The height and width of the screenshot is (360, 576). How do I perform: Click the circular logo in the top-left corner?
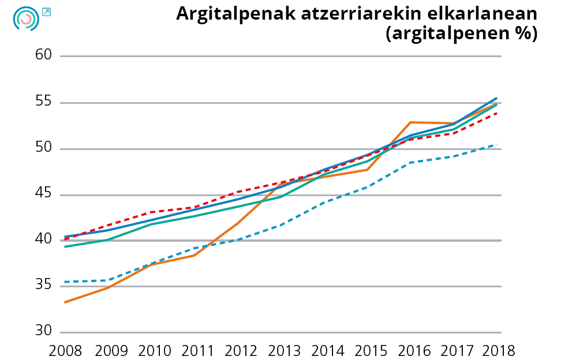[x=25, y=19]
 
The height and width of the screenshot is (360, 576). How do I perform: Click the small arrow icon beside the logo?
[x=47, y=12]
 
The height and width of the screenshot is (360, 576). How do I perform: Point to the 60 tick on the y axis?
[x=44, y=55]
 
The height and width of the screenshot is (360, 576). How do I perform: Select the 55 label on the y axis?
[x=44, y=103]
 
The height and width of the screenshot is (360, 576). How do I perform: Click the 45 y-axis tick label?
[x=44, y=194]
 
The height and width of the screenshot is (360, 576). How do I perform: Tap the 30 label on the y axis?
[x=44, y=332]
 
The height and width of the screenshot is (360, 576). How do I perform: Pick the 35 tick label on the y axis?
[x=44, y=286]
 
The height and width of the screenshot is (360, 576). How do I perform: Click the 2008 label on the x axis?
[x=65, y=350]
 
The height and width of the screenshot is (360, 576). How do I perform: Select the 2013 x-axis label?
[x=282, y=350]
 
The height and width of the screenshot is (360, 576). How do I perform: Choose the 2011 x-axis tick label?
[x=195, y=350]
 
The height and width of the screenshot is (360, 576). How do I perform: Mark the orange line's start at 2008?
[x=65, y=302]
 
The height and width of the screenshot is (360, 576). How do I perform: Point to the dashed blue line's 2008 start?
[x=65, y=282]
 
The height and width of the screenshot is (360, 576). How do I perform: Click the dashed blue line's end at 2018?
[x=496, y=145]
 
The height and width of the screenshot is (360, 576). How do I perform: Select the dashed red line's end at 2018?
[x=496, y=113]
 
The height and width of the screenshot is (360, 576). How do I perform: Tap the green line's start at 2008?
[x=65, y=246]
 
